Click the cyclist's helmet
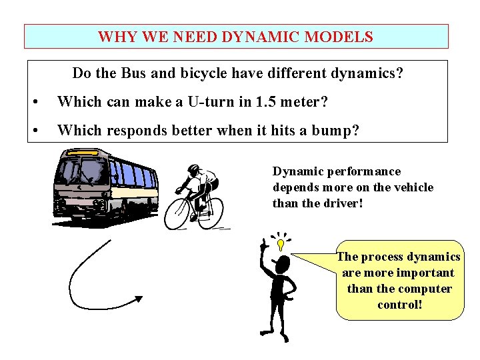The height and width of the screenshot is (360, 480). pyautogui.click(x=194, y=169)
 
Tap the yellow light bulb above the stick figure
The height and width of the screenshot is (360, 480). pyautogui.click(x=281, y=245)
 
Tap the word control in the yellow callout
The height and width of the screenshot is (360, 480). pyautogui.click(x=399, y=305)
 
